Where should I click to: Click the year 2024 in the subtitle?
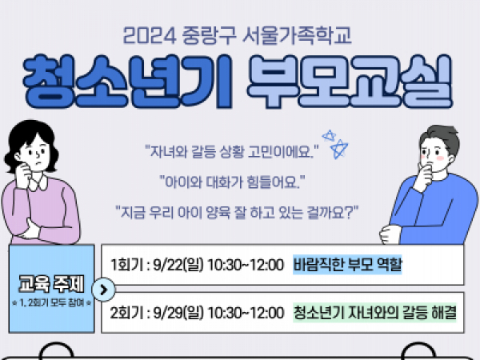click(149, 35)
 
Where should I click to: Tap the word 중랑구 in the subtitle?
click(209, 35)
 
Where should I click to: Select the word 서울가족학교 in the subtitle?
click(297, 35)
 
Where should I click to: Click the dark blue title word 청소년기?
click(128, 82)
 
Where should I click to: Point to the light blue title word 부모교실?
click(350, 82)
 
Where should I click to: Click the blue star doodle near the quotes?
click(336, 144)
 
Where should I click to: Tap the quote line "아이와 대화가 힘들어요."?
click(232, 182)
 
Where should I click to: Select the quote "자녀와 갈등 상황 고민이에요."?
click(232, 151)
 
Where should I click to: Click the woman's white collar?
click(38, 183)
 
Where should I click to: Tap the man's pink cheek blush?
click(439, 158)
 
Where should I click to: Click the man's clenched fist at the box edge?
click(390, 234)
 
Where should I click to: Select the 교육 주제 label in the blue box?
click(51, 284)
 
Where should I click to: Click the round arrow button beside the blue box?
click(103, 290)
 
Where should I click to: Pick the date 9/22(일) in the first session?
click(178, 265)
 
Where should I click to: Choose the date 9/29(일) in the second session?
click(178, 313)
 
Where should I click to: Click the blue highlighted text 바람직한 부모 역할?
click(347, 265)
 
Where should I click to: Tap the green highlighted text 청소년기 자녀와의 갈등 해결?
click(374, 313)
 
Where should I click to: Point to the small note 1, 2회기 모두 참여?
click(51, 302)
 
